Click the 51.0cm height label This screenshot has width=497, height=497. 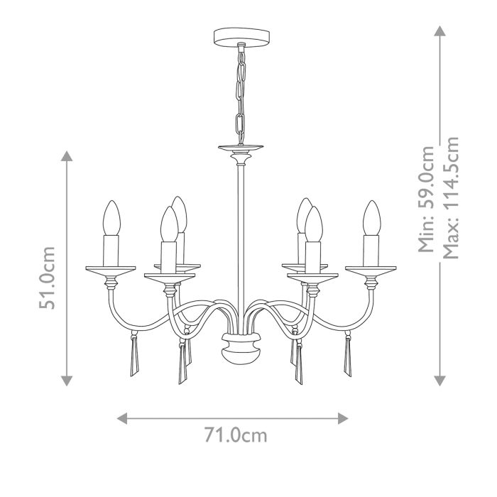48,278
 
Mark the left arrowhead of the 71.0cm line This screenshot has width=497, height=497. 122,417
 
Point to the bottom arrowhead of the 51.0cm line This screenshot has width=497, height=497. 67,381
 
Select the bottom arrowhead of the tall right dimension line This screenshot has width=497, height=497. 440,381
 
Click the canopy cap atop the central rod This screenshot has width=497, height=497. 241,150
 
